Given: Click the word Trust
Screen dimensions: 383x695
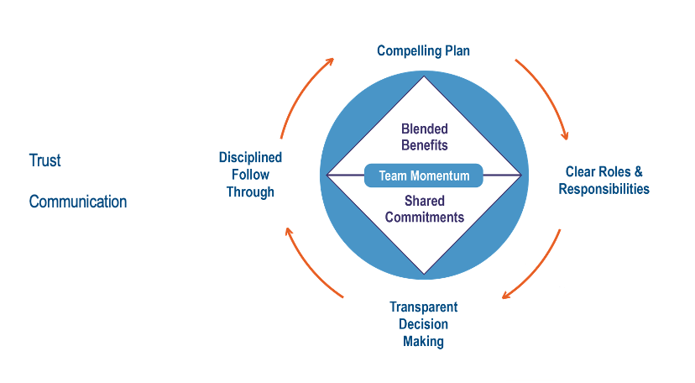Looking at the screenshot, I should point(45,160).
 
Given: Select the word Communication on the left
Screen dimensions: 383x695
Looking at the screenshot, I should point(78,202).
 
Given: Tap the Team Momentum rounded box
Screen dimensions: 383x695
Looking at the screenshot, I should point(424,176).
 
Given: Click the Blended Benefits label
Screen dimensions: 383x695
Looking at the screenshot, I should point(424,137).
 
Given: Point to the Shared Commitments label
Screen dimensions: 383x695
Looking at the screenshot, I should point(424,209).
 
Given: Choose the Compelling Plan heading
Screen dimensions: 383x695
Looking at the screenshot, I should point(423,51).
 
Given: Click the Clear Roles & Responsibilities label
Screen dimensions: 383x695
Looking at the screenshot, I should point(604,181).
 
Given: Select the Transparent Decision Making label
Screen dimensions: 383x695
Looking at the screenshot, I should point(424,324).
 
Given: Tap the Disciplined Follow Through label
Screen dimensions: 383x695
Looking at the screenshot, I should point(250,175).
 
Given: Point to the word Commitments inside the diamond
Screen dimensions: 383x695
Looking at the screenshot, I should point(424,217).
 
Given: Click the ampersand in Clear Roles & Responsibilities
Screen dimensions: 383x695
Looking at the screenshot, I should point(638,172).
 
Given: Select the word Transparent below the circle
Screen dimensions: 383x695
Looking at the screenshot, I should point(424,307).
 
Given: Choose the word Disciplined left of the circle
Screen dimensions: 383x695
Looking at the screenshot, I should point(250,158).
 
